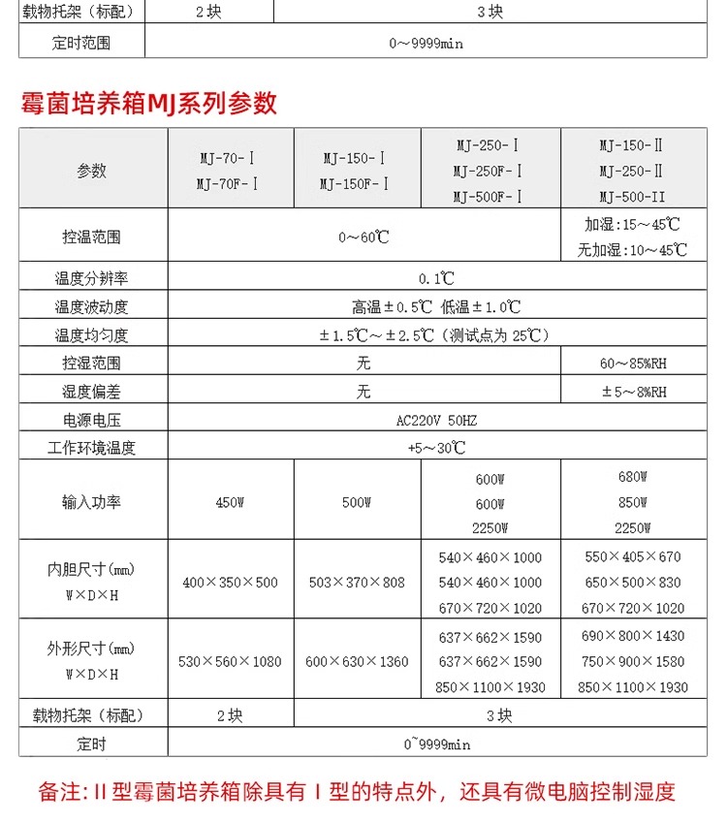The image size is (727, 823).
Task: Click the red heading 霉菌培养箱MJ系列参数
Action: tap(149, 104)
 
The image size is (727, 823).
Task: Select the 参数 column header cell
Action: tap(92, 171)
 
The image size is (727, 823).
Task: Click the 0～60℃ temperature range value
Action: tap(363, 237)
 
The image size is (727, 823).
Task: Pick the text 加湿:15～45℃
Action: tap(632, 224)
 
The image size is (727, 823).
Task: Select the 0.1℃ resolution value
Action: tap(436, 278)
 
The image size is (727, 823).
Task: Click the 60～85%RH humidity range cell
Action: tap(633, 364)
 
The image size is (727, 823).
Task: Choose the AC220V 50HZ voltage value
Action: tap(436, 420)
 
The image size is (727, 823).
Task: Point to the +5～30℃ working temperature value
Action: tap(436, 448)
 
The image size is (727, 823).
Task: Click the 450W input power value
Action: tap(230, 503)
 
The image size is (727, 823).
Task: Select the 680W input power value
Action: tap(631, 477)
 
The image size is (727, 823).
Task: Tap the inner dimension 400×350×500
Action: tap(230, 583)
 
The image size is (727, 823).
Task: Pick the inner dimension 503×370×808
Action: tap(356, 583)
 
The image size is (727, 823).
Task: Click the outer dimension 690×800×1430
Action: tap(631, 636)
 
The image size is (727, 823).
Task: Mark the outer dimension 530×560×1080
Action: tap(230, 661)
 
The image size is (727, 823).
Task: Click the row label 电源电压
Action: tap(92, 420)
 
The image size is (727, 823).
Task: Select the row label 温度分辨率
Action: tap(92, 278)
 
